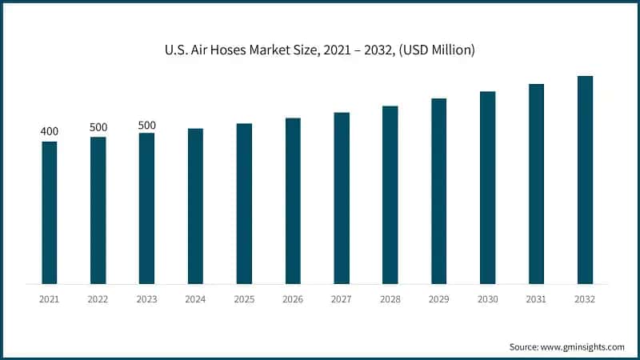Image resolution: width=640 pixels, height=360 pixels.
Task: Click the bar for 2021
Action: (50, 213)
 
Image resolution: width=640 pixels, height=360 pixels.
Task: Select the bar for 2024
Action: (195, 206)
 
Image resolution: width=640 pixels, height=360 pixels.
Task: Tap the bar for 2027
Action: (342, 198)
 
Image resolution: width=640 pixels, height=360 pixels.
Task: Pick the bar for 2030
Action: (487, 188)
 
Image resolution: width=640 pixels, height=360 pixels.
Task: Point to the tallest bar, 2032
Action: (585, 180)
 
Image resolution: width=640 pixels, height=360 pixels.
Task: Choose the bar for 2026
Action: (293, 201)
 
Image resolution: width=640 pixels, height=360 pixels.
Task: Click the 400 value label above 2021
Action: (50, 131)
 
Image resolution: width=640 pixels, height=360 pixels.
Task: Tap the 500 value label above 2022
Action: (98, 127)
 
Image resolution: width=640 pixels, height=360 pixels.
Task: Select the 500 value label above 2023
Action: (147, 125)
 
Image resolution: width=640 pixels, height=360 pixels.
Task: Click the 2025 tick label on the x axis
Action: (244, 298)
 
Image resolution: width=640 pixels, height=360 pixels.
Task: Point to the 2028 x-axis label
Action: (390, 298)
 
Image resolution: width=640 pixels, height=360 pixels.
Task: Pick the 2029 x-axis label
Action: (438, 298)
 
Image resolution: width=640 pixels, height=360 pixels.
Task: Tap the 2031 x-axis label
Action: (536, 298)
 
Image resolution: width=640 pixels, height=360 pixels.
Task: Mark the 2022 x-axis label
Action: (98, 298)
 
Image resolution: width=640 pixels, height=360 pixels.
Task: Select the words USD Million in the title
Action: (438, 50)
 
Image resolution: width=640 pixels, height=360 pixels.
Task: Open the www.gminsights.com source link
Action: (583, 346)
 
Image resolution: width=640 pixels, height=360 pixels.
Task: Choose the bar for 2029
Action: (438, 191)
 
